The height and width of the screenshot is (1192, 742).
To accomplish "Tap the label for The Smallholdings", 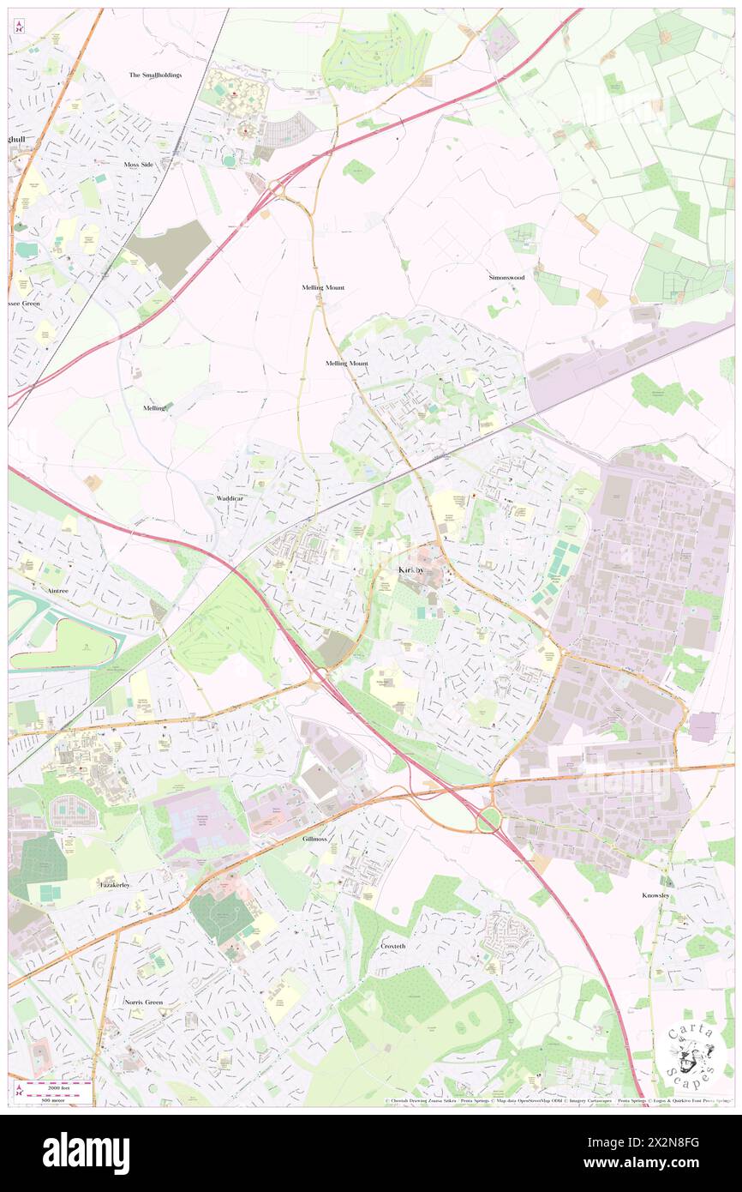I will (155, 75).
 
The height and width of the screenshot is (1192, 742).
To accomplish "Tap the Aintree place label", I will (52, 591).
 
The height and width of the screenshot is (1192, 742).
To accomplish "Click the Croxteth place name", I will (395, 946).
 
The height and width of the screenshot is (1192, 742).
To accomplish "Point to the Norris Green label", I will (142, 1002).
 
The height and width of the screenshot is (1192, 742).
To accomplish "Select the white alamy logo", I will (86, 1153).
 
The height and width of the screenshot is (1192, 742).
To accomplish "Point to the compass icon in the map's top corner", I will (19, 27).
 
